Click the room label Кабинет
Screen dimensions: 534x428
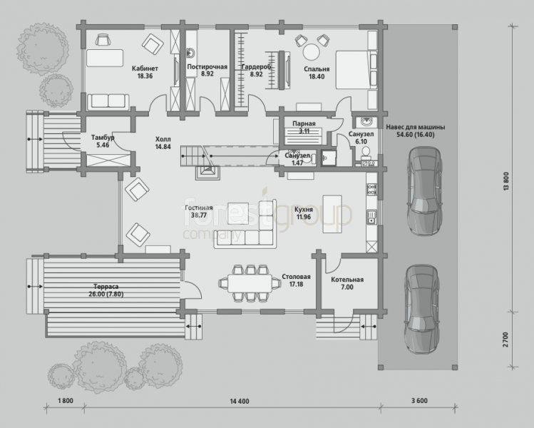pyautogui.click(x=145, y=68)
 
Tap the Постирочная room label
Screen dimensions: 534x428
pyautogui.click(x=207, y=67)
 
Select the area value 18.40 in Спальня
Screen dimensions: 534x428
pyautogui.click(x=317, y=76)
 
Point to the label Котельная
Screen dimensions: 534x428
pyautogui.click(x=347, y=280)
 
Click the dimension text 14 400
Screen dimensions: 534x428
pyautogui.click(x=240, y=402)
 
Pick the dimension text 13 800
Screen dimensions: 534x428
pyautogui.click(x=505, y=181)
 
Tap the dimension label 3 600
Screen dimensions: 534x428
pyautogui.click(x=419, y=401)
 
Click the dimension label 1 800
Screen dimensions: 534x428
pyautogui.click(x=66, y=401)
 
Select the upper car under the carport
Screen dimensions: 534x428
pyautogui.click(x=425, y=191)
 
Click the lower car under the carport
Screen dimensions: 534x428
pyautogui.click(x=421, y=309)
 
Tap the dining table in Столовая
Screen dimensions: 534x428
pyautogui.click(x=250, y=283)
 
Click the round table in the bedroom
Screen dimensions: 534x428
pyautogui.click(x=312, y=53)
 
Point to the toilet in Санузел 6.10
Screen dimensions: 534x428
pyautogui.click(x=366, y=153)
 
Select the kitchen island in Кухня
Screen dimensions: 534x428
pyautogui.click(x=332, y=214)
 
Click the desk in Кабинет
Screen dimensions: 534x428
pyautogui.click(x=105, y=58)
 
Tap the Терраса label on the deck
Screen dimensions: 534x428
pyautogui.click(x=106, y=287)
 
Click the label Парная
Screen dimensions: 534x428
pyautogui.click(x=304, y=124)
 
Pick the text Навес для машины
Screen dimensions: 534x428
pyautogui.click(x=415, y=128)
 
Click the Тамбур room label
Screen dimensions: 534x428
pyautogui.click(x=103, y=138)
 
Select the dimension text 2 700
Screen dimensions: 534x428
pyautogui.click(x=505, y=340)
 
